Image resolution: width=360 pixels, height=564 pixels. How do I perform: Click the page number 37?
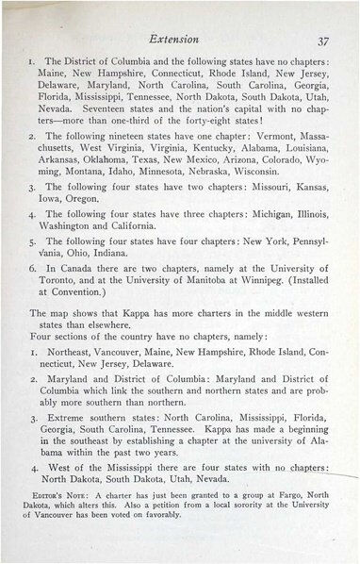[x=321, y=40]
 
